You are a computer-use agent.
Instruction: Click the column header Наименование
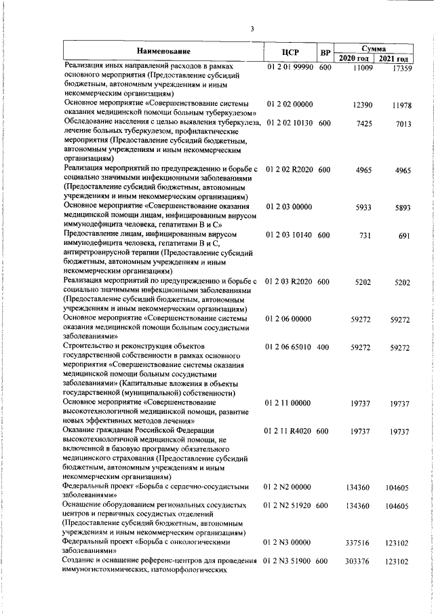coord(163,51)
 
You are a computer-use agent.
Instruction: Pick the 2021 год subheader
coord(394,59)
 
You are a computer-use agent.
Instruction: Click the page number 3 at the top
coord(252,28)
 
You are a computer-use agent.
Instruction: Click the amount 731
coord(366,235)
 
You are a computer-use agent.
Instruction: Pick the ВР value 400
coord(323,347)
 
